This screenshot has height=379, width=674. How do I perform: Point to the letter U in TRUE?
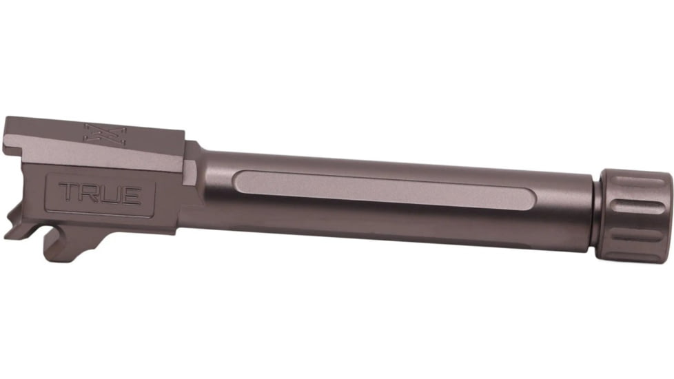[110, 195]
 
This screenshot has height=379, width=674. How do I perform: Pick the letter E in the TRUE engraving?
[132, 195]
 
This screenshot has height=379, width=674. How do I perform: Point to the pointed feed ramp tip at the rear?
[9, 234]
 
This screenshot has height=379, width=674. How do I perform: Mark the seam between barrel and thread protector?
[596, 210]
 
